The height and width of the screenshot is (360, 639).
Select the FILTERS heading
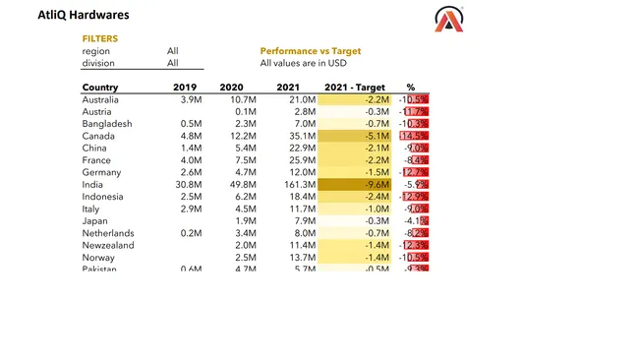99,38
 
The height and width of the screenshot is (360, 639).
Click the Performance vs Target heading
310,51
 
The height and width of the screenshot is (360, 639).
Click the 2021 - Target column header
357,88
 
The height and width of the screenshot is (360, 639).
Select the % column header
411,88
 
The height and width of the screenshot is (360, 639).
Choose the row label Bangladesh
107,124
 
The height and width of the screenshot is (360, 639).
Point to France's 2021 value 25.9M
298,160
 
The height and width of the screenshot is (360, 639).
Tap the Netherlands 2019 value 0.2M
191,233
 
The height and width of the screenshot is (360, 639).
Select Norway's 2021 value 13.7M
298,257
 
